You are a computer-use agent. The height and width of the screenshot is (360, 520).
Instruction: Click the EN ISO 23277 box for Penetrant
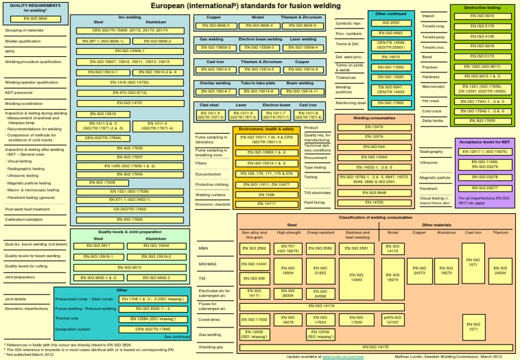[x=482, y=187]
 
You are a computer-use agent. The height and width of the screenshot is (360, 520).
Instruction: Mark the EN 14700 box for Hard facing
[x=374, y=202]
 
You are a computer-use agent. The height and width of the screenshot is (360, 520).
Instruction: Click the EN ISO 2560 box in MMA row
[x=254, y=248]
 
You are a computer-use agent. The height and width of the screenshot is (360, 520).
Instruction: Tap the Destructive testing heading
[x=482, y=7]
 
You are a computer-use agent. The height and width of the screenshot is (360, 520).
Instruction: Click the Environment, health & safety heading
[x=265, y=129]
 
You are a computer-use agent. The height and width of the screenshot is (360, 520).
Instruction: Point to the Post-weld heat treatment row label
[x=28, y=210]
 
